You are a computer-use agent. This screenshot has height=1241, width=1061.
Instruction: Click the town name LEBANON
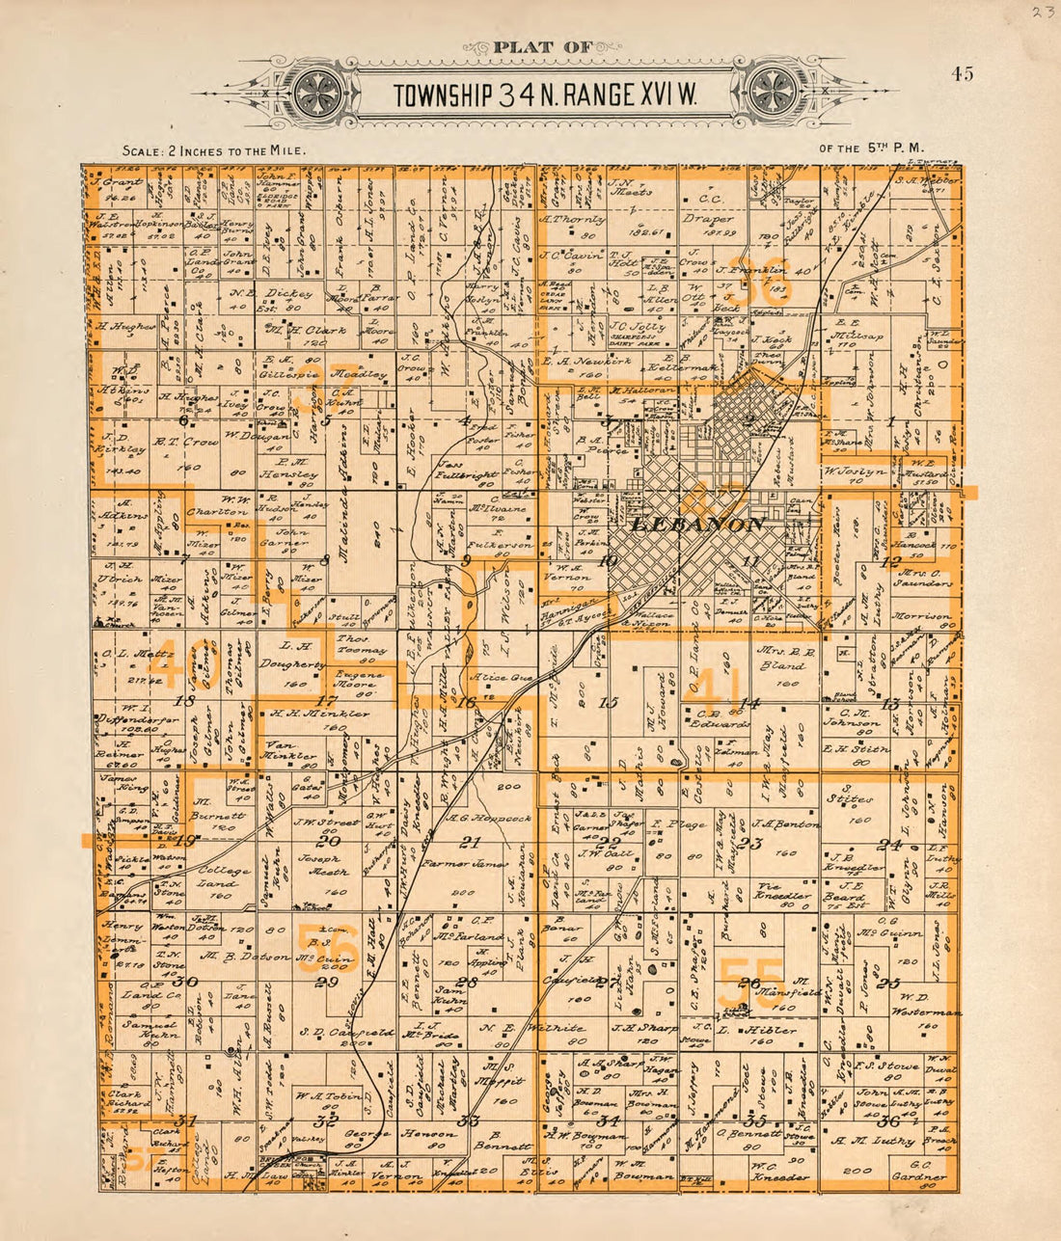[697, 525]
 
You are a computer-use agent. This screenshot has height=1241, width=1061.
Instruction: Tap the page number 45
[961, 74]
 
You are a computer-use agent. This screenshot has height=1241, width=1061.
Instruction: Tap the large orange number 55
[752, 982]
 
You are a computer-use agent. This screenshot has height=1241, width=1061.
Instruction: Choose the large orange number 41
[714, 685]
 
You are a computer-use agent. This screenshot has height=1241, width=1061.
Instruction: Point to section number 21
[469, 842]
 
